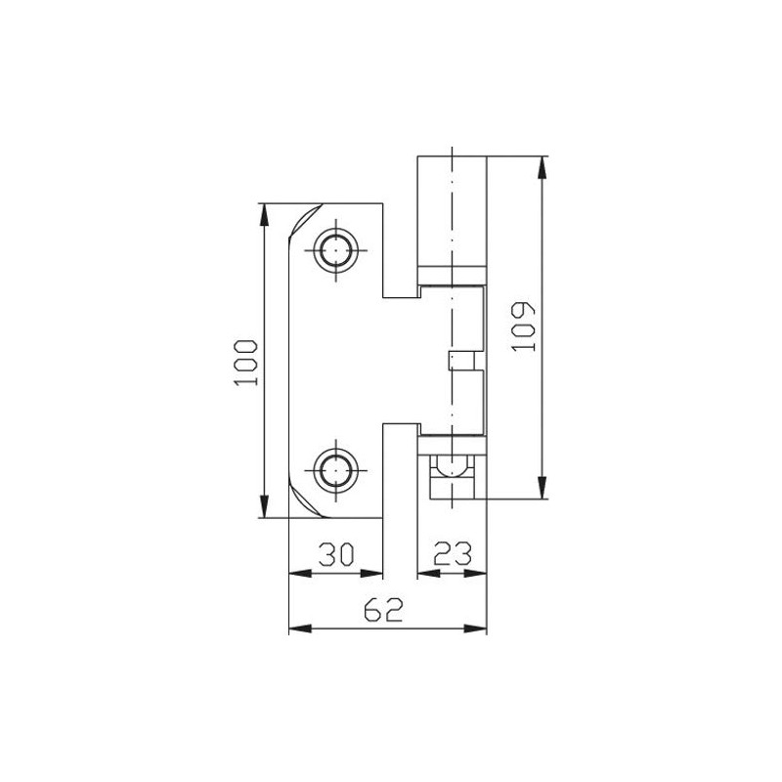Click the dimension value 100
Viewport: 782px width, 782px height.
245,361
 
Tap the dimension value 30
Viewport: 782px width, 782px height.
335,555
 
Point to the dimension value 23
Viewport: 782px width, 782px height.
453,555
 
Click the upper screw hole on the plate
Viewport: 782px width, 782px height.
335,251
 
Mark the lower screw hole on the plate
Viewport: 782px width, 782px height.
335,470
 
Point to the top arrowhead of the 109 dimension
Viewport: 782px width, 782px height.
539,165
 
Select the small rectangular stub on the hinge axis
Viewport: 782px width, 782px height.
460,361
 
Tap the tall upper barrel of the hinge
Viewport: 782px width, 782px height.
452,209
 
